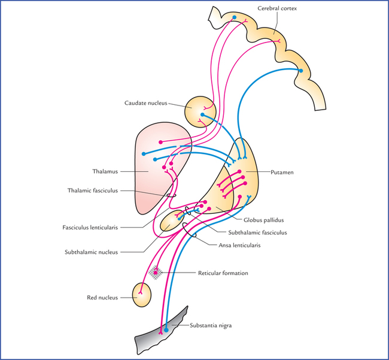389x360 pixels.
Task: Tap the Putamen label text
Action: pyautogui.click(x=273, y=171)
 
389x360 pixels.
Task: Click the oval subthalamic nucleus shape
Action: pyautogui.click(x=171, y=221)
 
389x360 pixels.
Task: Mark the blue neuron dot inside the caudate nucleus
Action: pyautogui.click(x=202, y=114)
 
